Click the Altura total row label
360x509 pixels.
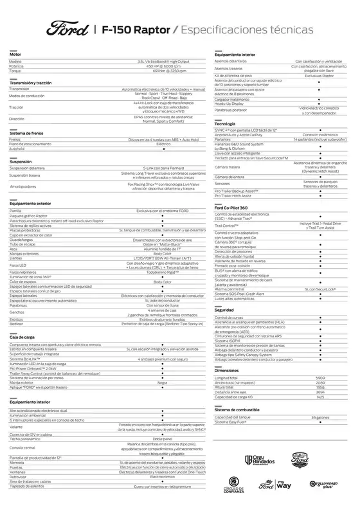click(225, 387)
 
